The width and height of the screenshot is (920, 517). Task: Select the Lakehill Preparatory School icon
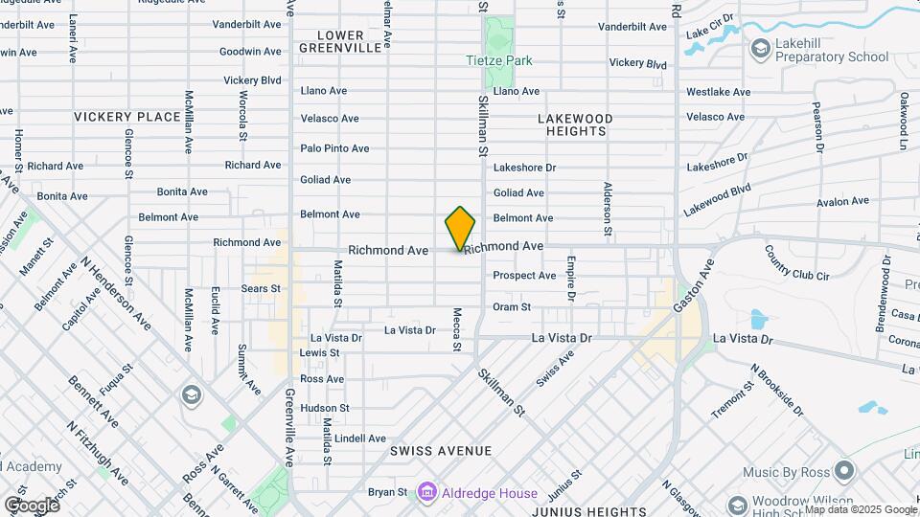tap(760, 48)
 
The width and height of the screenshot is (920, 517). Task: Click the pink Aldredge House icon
tap(426, 493)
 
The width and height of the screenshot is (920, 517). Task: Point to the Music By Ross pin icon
tap(844, 470)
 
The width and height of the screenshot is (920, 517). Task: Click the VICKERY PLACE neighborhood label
tap(127, 117)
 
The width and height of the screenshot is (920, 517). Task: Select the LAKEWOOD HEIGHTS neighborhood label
tap(574, 124)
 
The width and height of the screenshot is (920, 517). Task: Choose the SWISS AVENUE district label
tap(441, 450)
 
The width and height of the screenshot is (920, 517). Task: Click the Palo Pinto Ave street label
tap(334, 148)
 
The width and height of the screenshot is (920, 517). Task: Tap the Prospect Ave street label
tap(524, 276)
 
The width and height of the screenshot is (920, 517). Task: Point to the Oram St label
tap(512, 306)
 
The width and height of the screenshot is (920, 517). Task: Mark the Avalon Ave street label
tap(842, 201)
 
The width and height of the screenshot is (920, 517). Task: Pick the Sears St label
tap(261, 287)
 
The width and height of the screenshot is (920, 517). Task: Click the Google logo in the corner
tap(31, 505)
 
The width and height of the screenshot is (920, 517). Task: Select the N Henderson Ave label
tap(116, 293)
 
